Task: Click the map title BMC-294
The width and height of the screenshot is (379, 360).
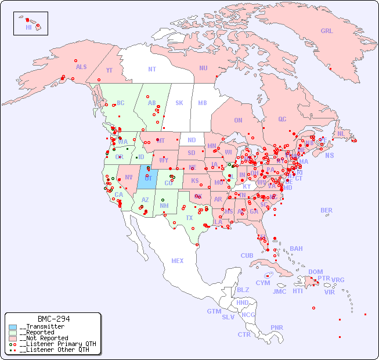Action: (53, 319)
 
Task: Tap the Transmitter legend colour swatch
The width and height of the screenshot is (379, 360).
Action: (13, 327)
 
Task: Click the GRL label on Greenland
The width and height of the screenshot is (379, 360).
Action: (327, 31)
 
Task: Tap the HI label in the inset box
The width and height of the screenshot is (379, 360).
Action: (28, 27)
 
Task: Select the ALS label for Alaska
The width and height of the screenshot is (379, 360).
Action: (81, 67)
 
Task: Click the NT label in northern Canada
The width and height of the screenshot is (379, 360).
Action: (152, 69)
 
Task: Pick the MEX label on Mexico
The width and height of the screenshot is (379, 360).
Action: (178, 261)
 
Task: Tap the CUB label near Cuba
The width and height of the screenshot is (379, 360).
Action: (247, 255)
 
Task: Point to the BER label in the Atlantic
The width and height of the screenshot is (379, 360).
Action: (326, 210)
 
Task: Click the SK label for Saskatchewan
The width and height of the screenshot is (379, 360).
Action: (179, 103)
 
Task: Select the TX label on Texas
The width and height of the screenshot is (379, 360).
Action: (189, 218)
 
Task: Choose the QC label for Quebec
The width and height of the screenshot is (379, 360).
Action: (282, 119)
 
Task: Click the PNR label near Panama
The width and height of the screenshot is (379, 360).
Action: (277, 327)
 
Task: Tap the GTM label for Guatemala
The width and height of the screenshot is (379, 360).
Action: (214, 311)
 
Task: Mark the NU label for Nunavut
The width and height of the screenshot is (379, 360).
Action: (203, 68)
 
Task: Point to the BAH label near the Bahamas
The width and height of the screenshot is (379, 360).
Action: (296, 249)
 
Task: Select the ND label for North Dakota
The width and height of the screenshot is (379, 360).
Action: (192, 140)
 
